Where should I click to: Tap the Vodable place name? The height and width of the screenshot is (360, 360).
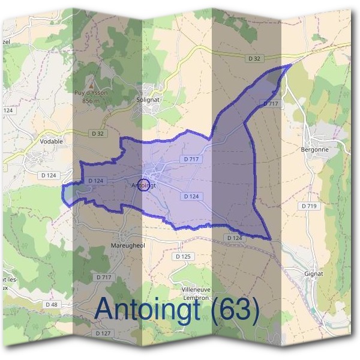(51, 142)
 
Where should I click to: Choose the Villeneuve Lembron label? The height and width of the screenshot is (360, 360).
(194, 293)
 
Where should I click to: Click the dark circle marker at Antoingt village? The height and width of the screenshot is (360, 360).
(143, 184)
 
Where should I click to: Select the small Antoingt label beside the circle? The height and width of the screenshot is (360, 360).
(143, 186)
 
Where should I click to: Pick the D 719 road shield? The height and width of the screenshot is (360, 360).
(308, 206)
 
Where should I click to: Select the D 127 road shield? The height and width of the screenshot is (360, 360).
(103, 332)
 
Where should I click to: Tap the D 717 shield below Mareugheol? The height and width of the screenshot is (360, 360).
(104, 277)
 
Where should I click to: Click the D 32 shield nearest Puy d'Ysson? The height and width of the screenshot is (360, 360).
(98, 133)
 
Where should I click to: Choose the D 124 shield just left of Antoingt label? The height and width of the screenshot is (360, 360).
(96, 181)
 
